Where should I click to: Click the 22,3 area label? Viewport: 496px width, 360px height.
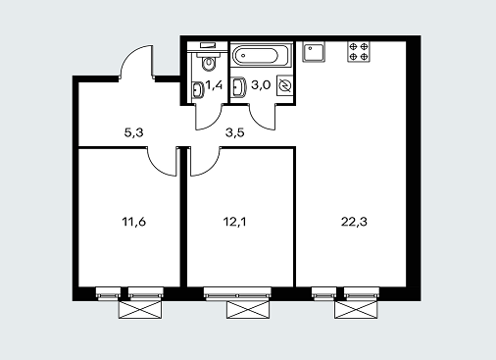[354, 222]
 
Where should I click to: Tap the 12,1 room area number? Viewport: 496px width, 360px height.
[235, 222]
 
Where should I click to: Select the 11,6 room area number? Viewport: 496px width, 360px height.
[134, 222]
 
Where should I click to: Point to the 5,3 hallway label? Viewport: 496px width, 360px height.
[134, 133]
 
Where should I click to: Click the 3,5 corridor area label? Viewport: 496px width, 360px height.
[235, 133]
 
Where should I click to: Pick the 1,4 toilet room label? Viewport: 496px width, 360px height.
[214, 85]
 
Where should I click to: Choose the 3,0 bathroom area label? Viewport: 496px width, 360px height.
[261, 85]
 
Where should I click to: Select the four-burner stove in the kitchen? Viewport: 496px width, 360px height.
[359, 52]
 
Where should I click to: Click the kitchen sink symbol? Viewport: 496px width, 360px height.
[314, 52]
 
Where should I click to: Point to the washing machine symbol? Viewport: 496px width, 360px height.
[284, 85]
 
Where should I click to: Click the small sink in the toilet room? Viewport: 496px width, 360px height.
[197, 89]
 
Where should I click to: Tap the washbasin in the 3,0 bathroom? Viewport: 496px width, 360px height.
[239, 87]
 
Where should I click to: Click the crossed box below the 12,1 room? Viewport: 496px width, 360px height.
[248, 309]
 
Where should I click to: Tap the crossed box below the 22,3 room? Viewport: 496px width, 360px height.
[357, 309]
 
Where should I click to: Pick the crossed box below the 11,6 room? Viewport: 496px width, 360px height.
[140, 309]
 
